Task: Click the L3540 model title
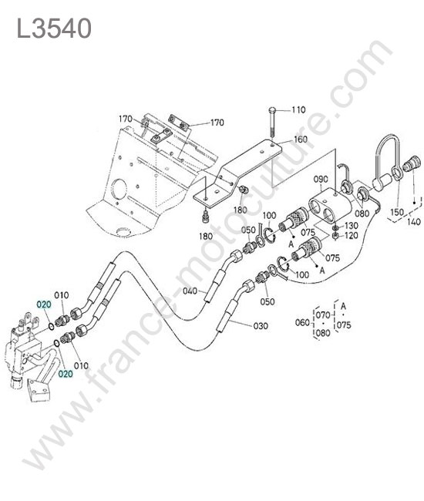pos(54,29)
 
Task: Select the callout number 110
pos(298,110)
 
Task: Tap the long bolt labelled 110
pos(271,123)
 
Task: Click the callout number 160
pos(301,140)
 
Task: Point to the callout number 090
pos(321,180)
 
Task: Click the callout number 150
pos(397,212)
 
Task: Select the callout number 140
pos(414,221)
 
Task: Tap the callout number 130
pos(352,226)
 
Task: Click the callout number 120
pos(352,236)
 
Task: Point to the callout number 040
pos(190,291)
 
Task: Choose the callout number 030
pos(261,326)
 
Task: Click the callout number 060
pos(302,323)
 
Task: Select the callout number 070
pos(323,315)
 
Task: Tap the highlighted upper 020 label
pos(44,304)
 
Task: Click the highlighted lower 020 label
pos(66,374)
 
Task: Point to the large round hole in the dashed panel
pos(119,188)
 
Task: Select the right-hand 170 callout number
pos(217,123)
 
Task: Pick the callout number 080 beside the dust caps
pos(362,213)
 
